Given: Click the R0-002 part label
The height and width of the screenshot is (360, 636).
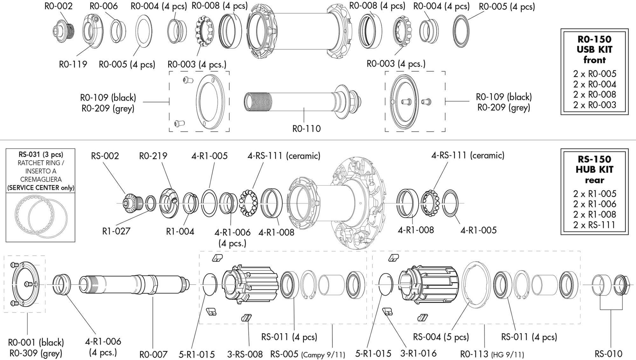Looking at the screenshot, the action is coord(59,6).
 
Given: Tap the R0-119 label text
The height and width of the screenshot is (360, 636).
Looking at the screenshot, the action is coord(73,64).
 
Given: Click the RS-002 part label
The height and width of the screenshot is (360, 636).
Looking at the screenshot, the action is coord(105,156).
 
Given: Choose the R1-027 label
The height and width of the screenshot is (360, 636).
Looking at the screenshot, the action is coord(116,231).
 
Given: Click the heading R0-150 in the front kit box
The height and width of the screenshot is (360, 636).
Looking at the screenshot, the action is coord(594,39).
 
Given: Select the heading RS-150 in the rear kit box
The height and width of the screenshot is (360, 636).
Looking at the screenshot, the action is coord(594,159).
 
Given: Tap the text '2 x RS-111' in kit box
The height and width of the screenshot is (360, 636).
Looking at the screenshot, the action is coord(594,225).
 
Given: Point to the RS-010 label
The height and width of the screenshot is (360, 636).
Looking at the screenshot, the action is coord(609,354).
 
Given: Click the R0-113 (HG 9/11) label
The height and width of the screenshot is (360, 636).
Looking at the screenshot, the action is coord(492,354).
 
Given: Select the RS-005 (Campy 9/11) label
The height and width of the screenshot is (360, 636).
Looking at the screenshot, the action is coord(308,354).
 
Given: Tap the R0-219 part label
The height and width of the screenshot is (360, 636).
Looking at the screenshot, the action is coord(153,156).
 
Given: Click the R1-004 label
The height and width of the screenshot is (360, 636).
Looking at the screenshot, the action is coord(180,231).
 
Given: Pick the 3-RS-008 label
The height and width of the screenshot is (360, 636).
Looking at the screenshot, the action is coord(245,354).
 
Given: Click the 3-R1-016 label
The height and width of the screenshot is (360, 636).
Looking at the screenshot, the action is coord(418,353).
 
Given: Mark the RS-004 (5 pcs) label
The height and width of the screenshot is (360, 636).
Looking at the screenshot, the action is coord(441,337).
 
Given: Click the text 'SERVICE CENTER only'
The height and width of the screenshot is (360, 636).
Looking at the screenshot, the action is coord(41,188).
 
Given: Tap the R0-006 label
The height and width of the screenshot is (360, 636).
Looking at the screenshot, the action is coord(104,6).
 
